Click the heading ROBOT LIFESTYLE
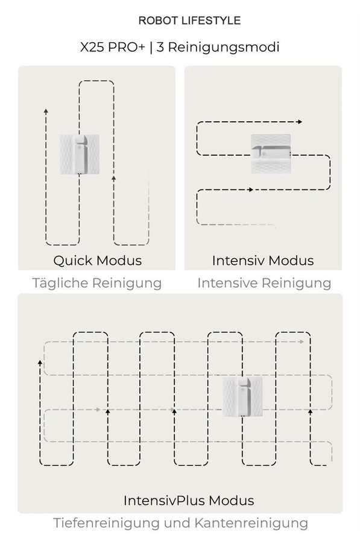point(189,21)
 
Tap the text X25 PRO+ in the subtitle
point(113,47)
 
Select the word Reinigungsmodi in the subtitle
point(223,48)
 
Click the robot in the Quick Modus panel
point(79,154)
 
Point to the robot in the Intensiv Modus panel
point(271,154)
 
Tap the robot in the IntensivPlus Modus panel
point(242,396)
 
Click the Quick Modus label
point(97,261)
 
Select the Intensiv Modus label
point(263,261)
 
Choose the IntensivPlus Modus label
point(189,500)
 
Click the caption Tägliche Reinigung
point(97,284)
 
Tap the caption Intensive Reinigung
point(264,283)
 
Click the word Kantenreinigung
point(251,523)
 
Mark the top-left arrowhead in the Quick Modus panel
point(46,111)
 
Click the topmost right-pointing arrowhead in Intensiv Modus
point(300,122)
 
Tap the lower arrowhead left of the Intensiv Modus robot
point(251,189)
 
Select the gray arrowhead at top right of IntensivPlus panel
point(302,342)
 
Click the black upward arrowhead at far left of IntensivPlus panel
point(40,362)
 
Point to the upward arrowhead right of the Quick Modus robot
point(113,179)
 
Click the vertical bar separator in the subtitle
point(151,48)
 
